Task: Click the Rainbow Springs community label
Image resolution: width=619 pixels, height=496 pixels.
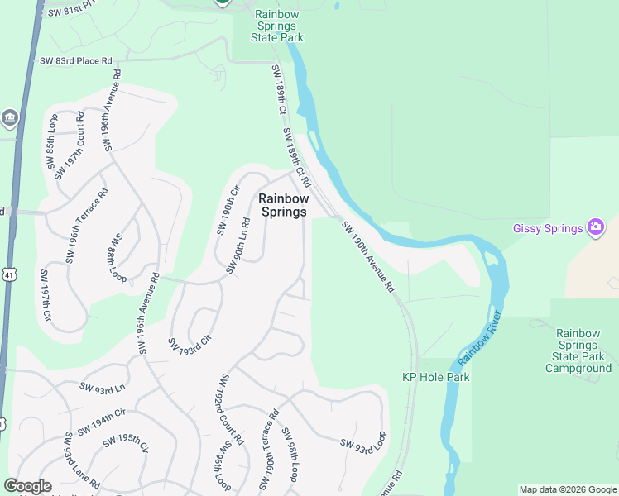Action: coord(284,205)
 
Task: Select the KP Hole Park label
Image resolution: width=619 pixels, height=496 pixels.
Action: coord(436,377)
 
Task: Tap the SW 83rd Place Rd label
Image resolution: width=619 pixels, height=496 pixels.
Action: coord(75,60)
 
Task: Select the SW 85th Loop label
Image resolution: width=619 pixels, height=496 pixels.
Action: coord(53,145)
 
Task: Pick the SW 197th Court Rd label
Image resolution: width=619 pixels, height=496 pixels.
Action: coord(70,145)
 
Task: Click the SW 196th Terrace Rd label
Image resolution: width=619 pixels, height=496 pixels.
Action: coord(87,226)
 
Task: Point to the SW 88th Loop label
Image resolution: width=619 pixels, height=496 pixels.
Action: coord(116,258)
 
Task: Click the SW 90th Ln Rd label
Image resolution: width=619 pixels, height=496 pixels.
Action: coord(238,246)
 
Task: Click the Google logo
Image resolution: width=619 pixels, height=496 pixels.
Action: coord(27,486)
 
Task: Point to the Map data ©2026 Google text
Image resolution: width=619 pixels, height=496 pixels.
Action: coord(568,489)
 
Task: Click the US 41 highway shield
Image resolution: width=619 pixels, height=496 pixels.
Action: coord(7,274)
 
